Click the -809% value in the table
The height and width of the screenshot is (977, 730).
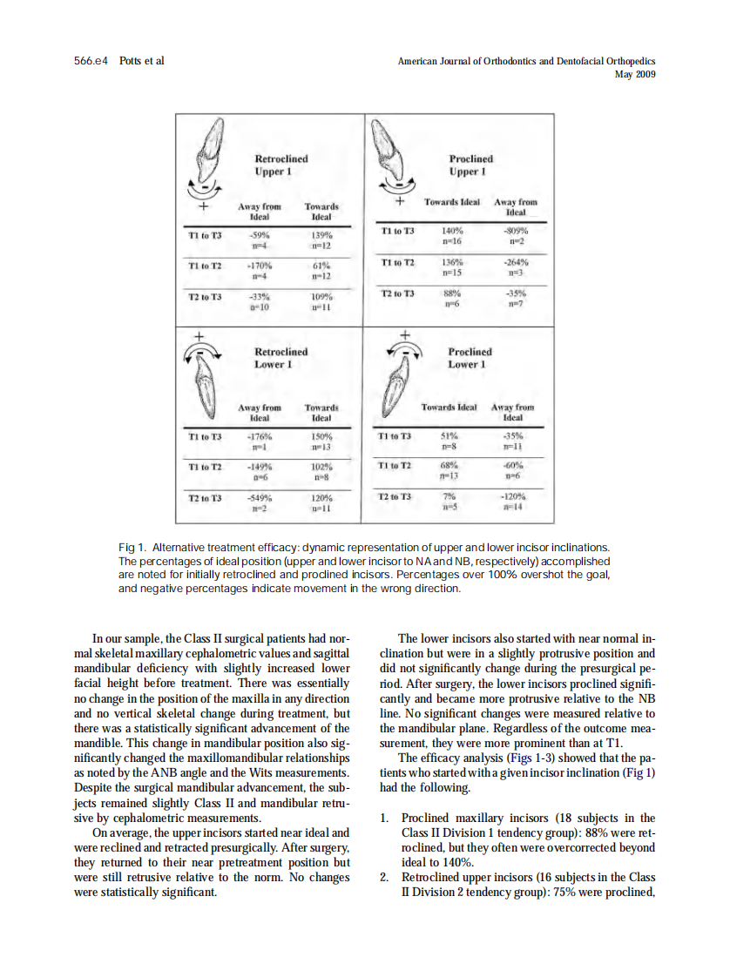(x=517, y=232)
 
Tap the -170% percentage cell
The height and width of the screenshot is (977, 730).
(x=259, y=265)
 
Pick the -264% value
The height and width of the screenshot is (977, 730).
(x=517, y=261)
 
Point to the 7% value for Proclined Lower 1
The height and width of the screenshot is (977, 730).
(x=450, y=495)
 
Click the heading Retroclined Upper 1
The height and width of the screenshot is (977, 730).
(x=281, y=165)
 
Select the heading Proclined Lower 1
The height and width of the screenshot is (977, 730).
(x=470, y=358)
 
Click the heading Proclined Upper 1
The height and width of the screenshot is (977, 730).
(x=470, y=165)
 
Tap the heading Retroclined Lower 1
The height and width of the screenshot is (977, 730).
(x=281, y=358)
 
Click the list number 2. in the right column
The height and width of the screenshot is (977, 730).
(x=386, y=876)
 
